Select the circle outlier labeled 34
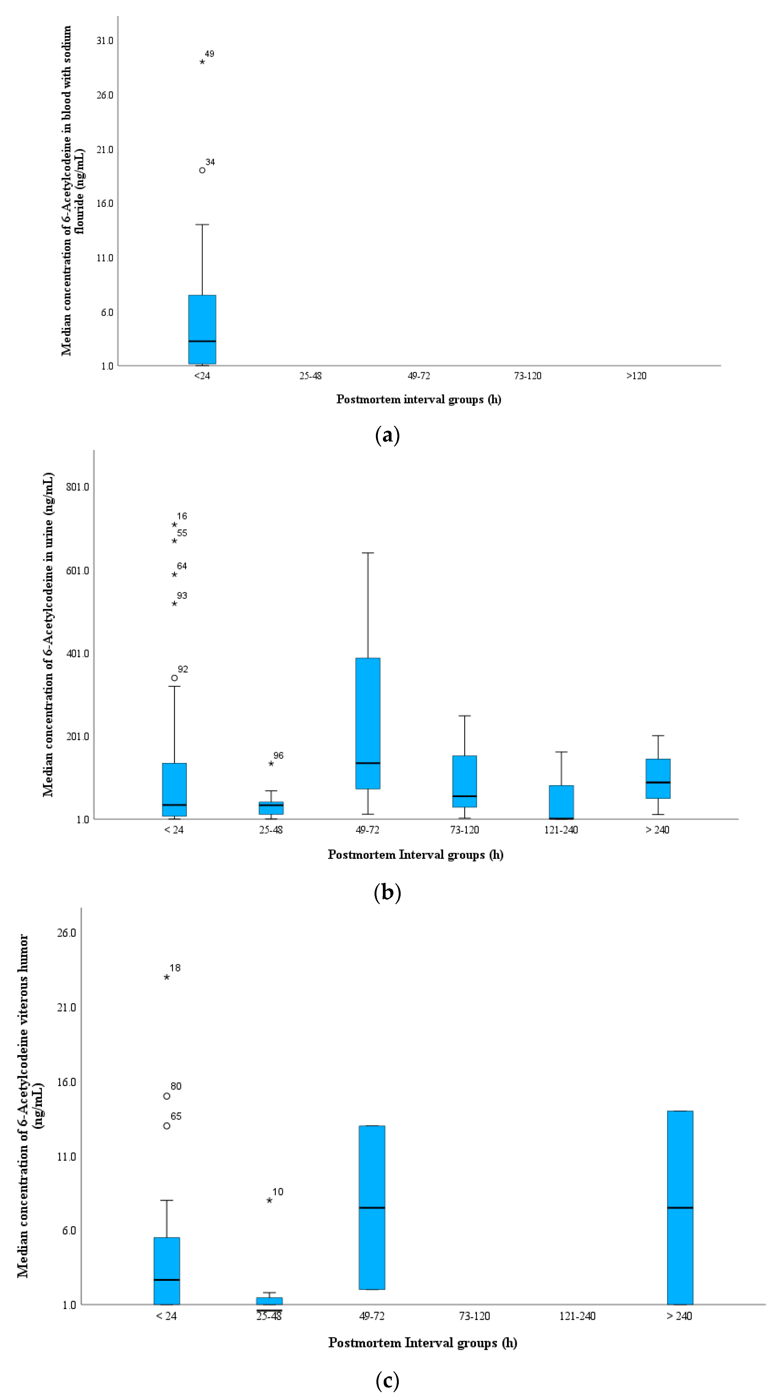pos(202,170)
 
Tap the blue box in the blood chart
pos(202,329)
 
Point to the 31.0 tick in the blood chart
pos(105,41)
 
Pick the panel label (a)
pos(387,435)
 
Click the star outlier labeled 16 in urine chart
pos(174,524)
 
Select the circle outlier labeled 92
pos(174,678)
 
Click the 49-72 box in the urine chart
pos(368,723)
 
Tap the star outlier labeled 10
pos(270,1201)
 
